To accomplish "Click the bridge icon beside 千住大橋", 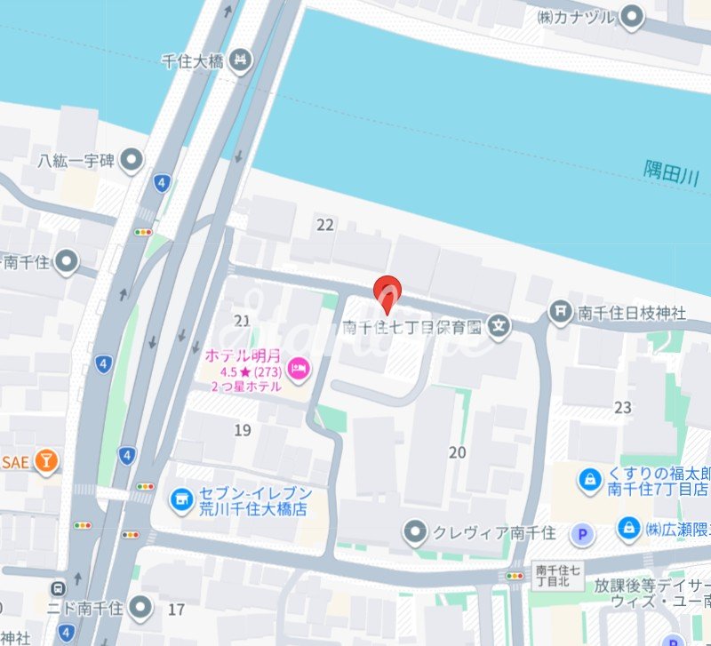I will (x=238, y=60).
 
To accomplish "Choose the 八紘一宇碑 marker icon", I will (x=132, y=161).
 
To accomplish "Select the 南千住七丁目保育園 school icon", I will (x=500, y=326).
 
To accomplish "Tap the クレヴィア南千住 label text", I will (x=493, y=532).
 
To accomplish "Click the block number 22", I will (x=325, y=225).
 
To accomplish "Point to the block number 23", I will (x=622, y=408).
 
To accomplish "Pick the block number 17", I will (x=176, y=610).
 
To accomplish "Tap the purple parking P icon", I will (x=582, y=534).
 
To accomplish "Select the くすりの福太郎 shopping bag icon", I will (x=589, y=481).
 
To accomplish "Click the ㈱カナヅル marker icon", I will (x=633, y=15).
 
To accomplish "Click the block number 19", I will (x=243, y=431).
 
